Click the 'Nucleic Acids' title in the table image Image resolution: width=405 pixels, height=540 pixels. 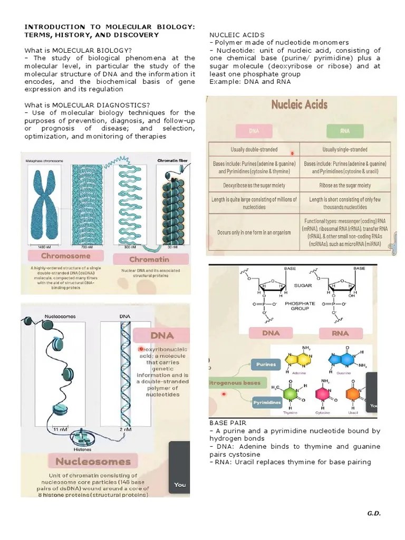(299, 105)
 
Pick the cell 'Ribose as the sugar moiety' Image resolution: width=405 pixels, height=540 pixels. (347, 185)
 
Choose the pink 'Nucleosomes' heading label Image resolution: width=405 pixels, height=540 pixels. (93, 461)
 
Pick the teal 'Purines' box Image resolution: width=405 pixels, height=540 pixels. (266, 364)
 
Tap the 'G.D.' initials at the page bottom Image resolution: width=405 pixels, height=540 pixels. (373, 513)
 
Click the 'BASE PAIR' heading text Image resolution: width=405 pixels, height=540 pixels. (228, 423)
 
